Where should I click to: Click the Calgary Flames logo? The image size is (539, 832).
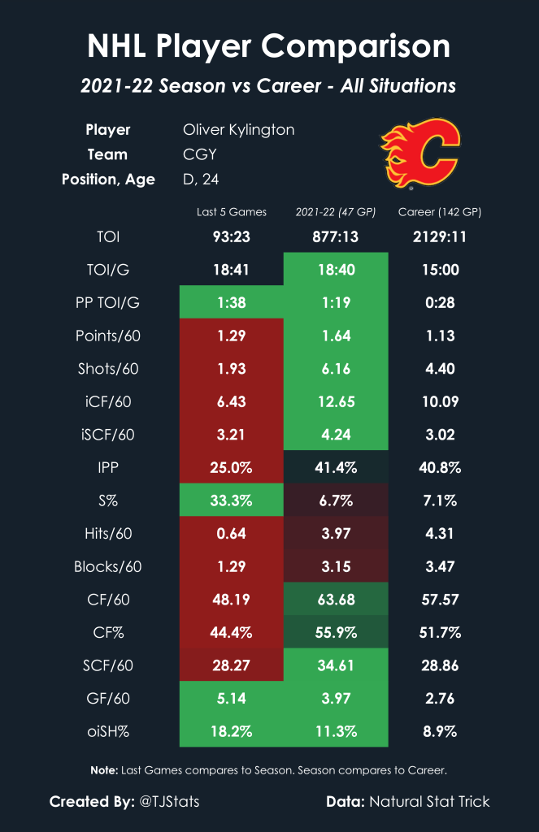click(419, 154)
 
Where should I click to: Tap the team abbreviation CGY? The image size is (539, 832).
click(200, 154)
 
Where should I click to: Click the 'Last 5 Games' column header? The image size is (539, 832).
click(232, 212)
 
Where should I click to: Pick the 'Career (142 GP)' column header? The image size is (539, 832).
click(439, 212)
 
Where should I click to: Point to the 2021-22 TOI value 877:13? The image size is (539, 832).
click(336, 237)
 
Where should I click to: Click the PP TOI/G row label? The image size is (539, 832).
click(106, 303)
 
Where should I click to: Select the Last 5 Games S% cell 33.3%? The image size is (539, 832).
click(232, 500)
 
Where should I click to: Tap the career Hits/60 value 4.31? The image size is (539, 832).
click(439, 533)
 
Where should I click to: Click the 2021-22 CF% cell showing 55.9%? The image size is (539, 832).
click(336, 632)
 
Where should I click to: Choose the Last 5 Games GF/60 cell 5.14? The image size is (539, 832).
click(232, 698)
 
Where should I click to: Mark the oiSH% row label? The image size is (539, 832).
click(106, 730)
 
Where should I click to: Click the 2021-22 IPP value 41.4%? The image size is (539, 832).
click(336, 467)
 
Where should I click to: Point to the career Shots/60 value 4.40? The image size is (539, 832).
click(439, 369)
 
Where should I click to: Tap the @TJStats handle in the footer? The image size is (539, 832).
click(169, 802)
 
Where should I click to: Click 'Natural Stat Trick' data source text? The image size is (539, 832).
click(430, 802)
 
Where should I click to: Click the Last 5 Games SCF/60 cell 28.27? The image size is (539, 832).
click(232, 665)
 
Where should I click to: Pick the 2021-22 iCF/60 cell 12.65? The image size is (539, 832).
click(336, 401)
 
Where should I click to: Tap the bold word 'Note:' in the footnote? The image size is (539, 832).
click(103, 769)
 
